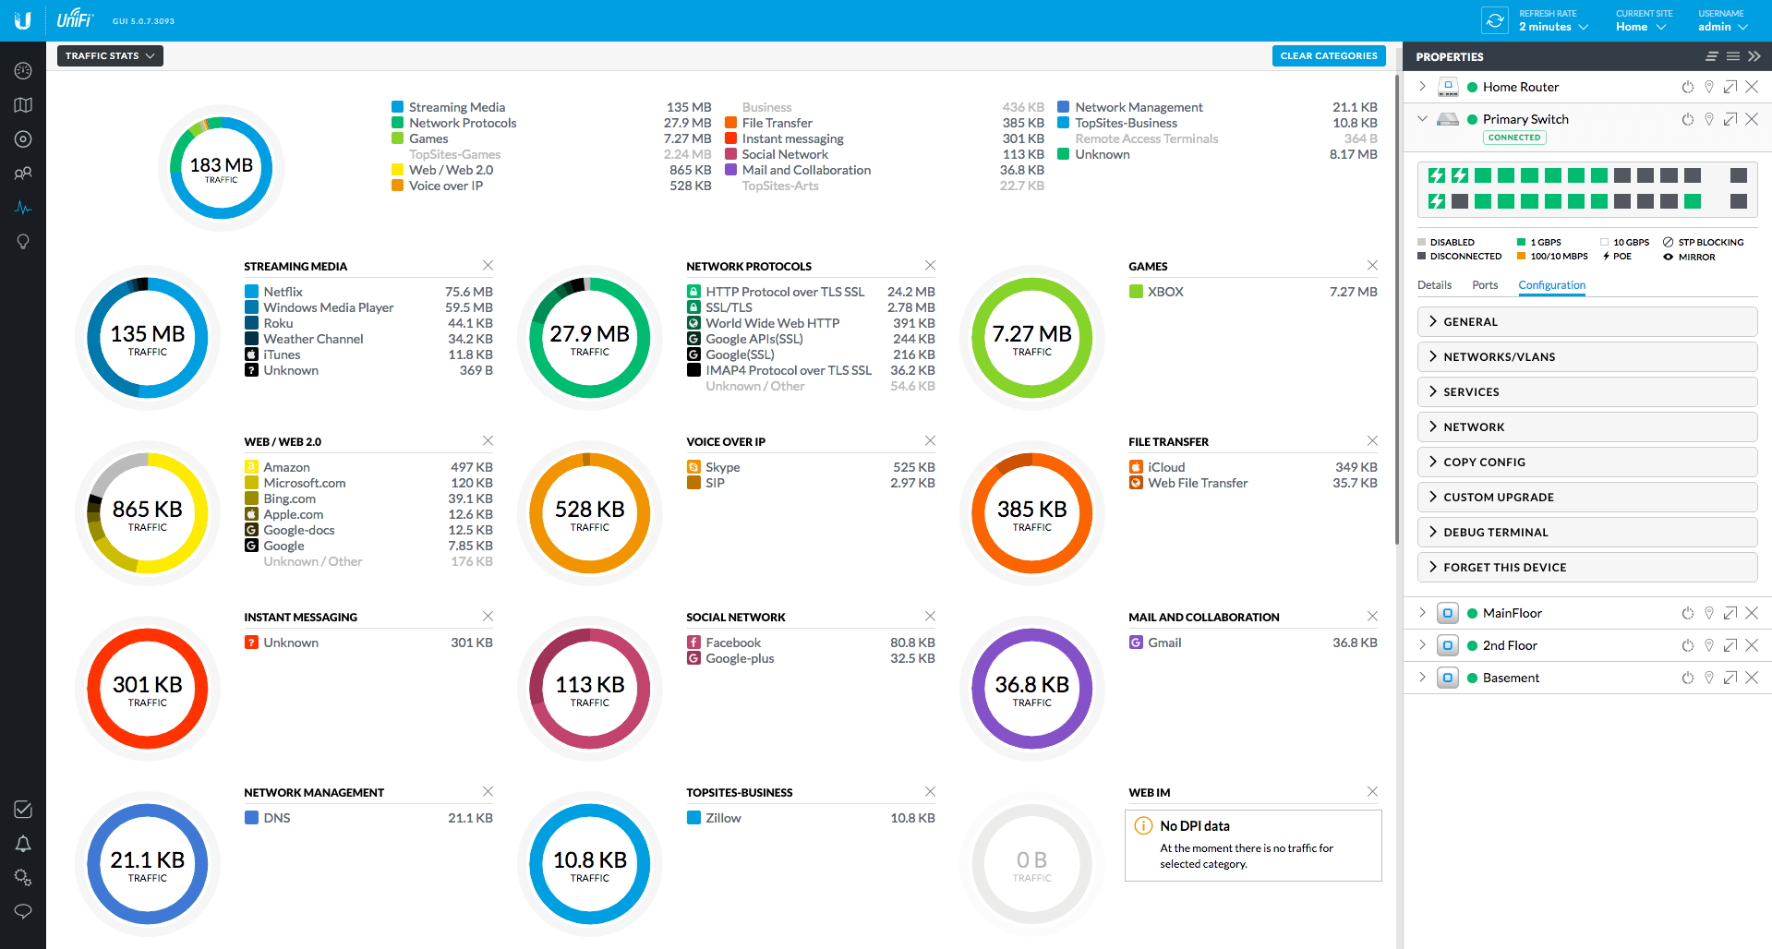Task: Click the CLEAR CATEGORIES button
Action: [x=1328, y=56]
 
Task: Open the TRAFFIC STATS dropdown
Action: [x=110, y=56]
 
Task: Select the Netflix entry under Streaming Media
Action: [x=283, y=292]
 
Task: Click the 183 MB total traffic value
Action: [x=221, y=166]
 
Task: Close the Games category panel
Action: [x=1372, y=266]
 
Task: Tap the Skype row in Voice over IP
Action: [x=722, y=467]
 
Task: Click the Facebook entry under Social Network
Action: [x=732, y=643]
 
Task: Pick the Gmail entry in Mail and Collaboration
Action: [x=1163, y=643]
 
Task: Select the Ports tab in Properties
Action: [x=1485, y=285]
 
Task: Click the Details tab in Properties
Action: [x=1434, y=285]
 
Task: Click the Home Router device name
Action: [x=1520, y=87]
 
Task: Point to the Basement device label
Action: [x=1511, y=678]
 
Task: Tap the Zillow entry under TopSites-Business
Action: [x=722, y=818]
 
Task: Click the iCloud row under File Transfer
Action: [x=1165, y=467]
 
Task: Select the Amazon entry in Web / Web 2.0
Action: [x=286, y=467]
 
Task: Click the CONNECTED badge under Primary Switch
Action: [x=1514, y=138]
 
